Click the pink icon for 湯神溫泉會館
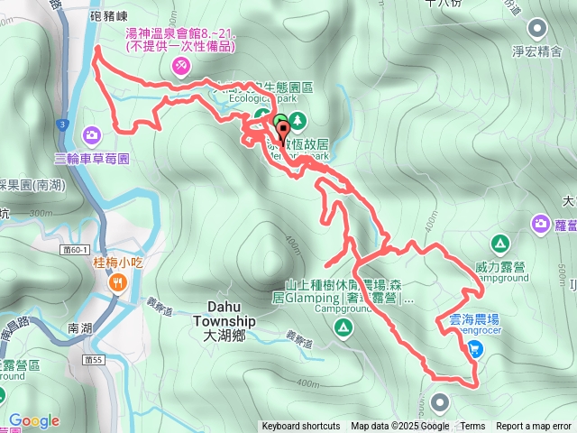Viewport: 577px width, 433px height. (x=180, y=66)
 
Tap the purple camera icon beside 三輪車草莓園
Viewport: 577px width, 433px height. (x=92, y=136)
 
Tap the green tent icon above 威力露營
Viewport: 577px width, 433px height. (x=499, y=244)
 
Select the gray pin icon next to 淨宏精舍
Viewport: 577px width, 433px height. (x=538, y=28)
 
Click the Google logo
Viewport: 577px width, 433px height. (x=33, y=420)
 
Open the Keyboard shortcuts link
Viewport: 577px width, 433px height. (x=301, y=427)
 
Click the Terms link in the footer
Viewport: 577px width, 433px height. (x=472, y=427)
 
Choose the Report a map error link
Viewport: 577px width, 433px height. (x=534, y=427)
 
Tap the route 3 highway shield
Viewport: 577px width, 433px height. (x=60, y=122)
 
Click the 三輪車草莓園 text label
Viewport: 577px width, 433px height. (x=92, y=158)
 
